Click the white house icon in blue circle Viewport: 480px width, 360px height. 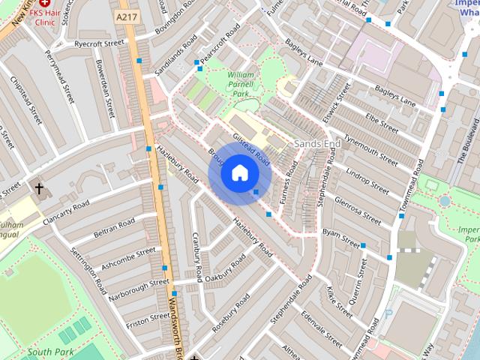click(239, 173)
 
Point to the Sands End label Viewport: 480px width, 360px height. click(317, 142)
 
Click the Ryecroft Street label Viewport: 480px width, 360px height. click(98, 44)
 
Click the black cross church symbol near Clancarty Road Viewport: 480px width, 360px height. click(39, 187)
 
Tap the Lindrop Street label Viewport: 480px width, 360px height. click(367, 181)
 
